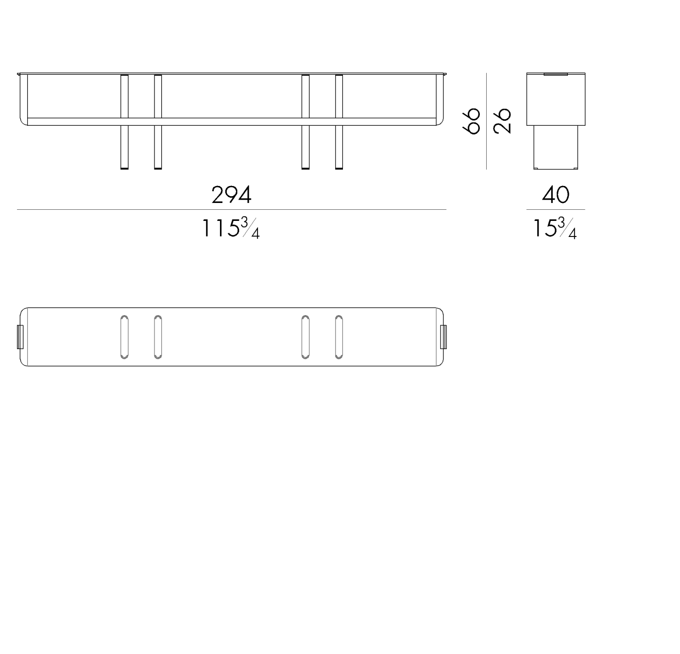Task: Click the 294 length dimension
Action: coord(231,195)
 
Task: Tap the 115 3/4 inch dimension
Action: coord(230,228)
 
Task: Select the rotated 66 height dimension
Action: coord(472,121)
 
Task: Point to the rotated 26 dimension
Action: coord(503,121)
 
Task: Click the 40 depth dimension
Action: coord(556,195)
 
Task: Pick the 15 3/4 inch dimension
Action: coord(555,228)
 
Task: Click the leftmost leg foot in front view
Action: coord(124,168)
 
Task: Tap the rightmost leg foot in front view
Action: coord(339,168)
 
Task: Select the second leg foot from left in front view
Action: coord(158,168)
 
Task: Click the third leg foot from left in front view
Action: coord(306,168)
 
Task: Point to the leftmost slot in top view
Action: coord(124,337)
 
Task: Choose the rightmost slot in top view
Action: coord(339,337)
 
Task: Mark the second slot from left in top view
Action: coord(158,337)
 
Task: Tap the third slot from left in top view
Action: coord(306,337)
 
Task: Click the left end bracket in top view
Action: coord(20,336)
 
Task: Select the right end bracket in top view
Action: coord(443,336)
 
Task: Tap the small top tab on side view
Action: coord(556,74)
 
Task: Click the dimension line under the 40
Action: coord(556,210)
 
